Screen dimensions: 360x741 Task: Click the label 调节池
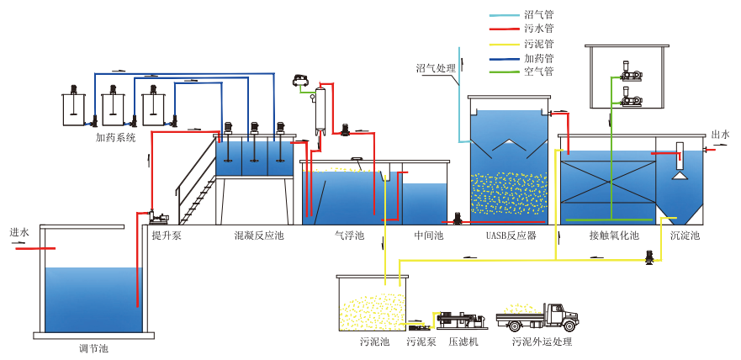tap(93, 347)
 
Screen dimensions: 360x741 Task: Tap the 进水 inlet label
tap(19, 232)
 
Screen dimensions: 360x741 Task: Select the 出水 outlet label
tap(720, 135)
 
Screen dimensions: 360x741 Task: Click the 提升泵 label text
tap(166, 236)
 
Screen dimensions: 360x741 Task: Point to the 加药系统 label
tap(115, 137)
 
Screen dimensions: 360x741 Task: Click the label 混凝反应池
tap(259, 236)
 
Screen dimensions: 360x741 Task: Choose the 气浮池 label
tap(349, 236)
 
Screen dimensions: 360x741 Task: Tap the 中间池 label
tap(428, 236)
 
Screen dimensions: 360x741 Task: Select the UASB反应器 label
tap(511, 236)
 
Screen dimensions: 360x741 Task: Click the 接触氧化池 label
tap(614, 236)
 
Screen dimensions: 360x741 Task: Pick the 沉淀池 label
tap(685, 236)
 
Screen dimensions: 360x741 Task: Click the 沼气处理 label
tap(436, 68)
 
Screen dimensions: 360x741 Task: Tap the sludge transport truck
tap(539, 316)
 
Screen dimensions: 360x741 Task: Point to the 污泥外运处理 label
tap(542, 342)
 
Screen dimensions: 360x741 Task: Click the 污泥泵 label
tap(421, 342)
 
